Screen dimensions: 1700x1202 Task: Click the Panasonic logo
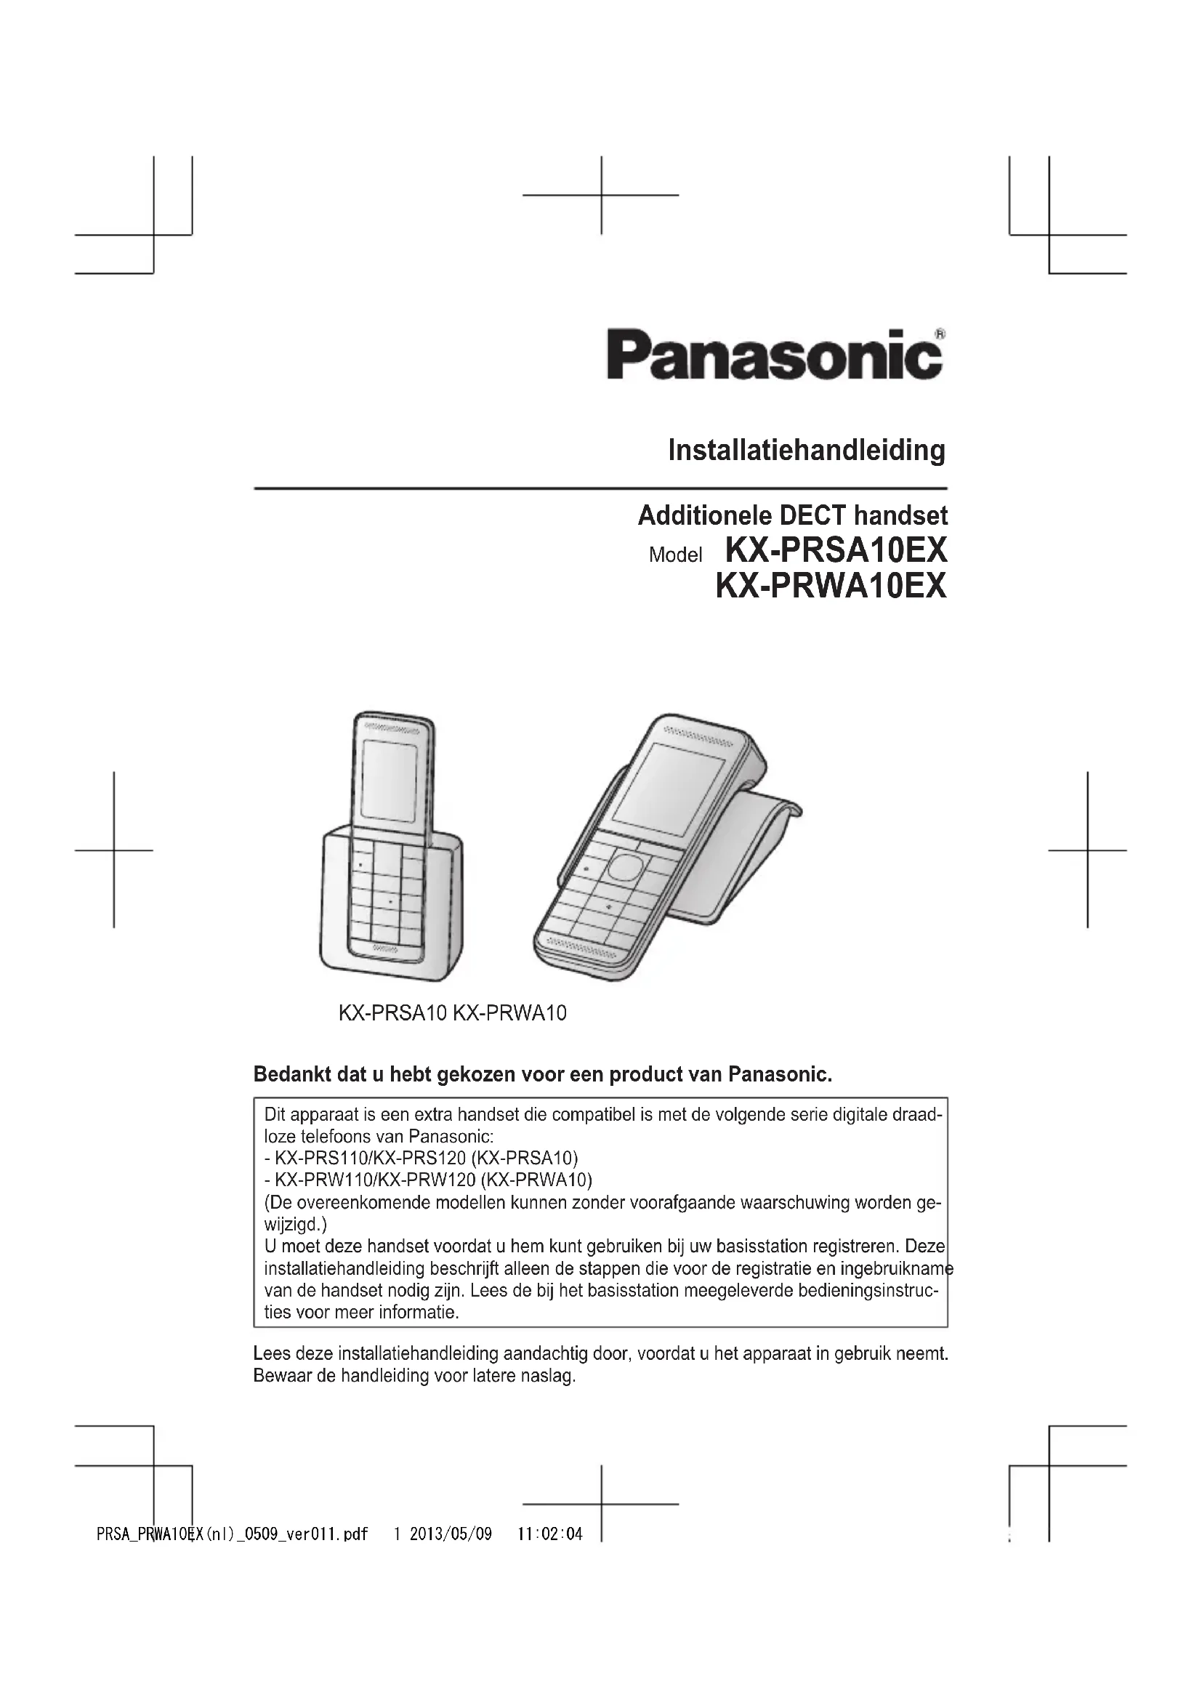coord(774,355)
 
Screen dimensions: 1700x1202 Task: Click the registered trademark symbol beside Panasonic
coord(939,334)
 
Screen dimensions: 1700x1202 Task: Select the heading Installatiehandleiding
coord(806,450)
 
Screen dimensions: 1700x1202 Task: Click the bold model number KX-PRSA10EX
coord(836,550)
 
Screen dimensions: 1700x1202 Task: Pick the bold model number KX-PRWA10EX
coord(831,586)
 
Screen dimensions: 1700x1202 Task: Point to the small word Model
coord(675,555)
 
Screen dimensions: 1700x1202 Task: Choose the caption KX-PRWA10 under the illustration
coord(510,1013)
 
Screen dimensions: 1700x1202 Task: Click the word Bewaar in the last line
coord(278,1376)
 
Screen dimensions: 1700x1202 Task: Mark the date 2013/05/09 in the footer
coord(451,1534)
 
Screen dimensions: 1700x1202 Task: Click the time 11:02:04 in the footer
coord(550,1534)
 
